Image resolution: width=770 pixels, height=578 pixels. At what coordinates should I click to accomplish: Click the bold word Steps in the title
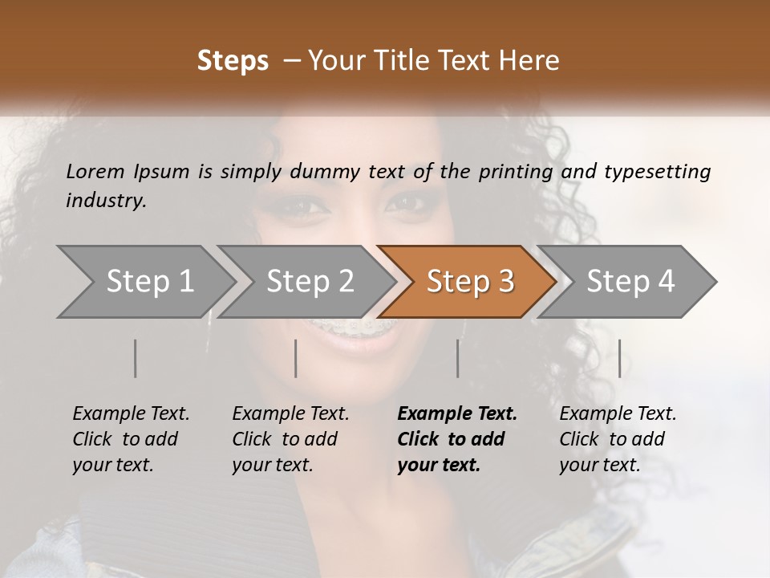click(233, 61)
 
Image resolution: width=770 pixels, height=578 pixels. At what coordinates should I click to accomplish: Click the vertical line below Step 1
click(136, 358)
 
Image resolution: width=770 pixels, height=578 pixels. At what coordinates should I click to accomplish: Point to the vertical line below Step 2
click(296, 358)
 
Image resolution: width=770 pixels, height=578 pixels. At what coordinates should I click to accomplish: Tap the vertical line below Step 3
click(458, 358)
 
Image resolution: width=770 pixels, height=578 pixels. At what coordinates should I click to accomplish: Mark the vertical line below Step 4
click(619, 358)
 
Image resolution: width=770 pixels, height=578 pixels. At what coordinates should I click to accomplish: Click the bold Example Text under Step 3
click(457, 413)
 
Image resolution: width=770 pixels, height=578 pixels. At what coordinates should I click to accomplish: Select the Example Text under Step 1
click(131, 413)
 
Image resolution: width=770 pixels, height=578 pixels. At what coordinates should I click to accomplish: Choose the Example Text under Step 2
click(290, 413)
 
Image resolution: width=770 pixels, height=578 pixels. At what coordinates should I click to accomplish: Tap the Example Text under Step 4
click(618, 413)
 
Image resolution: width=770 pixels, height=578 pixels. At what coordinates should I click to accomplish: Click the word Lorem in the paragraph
click(95, 171)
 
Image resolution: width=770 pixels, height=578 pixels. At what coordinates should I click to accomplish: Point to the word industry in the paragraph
click(106, 201)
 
